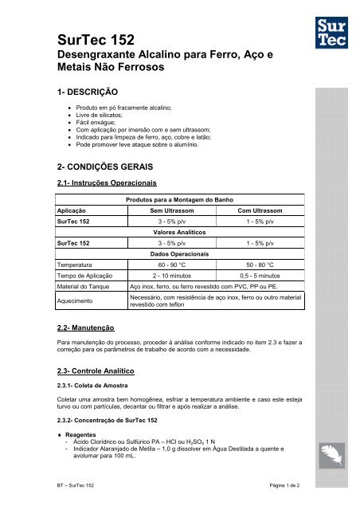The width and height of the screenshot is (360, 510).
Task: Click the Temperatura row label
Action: (x=76, y=263)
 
